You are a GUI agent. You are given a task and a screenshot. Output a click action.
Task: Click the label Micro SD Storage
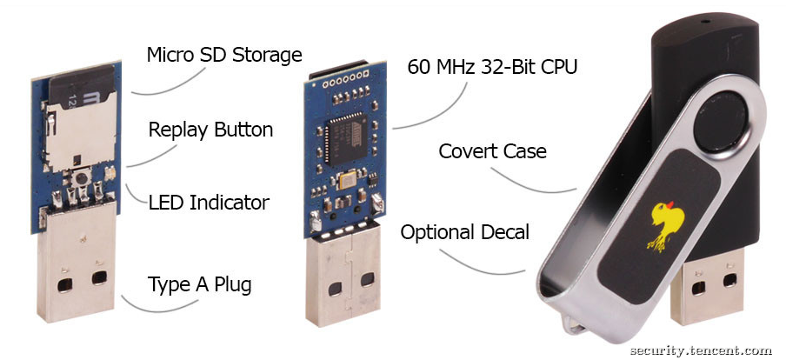click(x=224, y=55)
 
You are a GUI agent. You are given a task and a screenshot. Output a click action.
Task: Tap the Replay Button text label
click(x=210, y=130)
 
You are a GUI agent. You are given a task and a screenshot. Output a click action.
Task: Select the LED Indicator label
click(x=209, y=203)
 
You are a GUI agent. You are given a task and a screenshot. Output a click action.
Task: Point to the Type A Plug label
click(x=199, y=284)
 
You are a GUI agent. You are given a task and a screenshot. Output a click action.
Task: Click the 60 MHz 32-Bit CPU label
click(x=492, y=67)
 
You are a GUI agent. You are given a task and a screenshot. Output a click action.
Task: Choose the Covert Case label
click(x=492, y=151)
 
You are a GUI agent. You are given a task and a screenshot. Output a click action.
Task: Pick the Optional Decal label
click(x=464, y=232)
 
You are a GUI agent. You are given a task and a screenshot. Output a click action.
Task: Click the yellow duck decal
click(x=665, y=225)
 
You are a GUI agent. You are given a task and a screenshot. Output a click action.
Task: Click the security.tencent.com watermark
click(x=701, y=350)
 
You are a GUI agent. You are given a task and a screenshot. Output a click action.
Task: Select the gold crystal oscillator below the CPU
click(x=348, y=179)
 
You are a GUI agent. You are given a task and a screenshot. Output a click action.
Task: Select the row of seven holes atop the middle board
click(x=345, y=80)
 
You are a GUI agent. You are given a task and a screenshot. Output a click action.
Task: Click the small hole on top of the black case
click(x=705, y=22)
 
